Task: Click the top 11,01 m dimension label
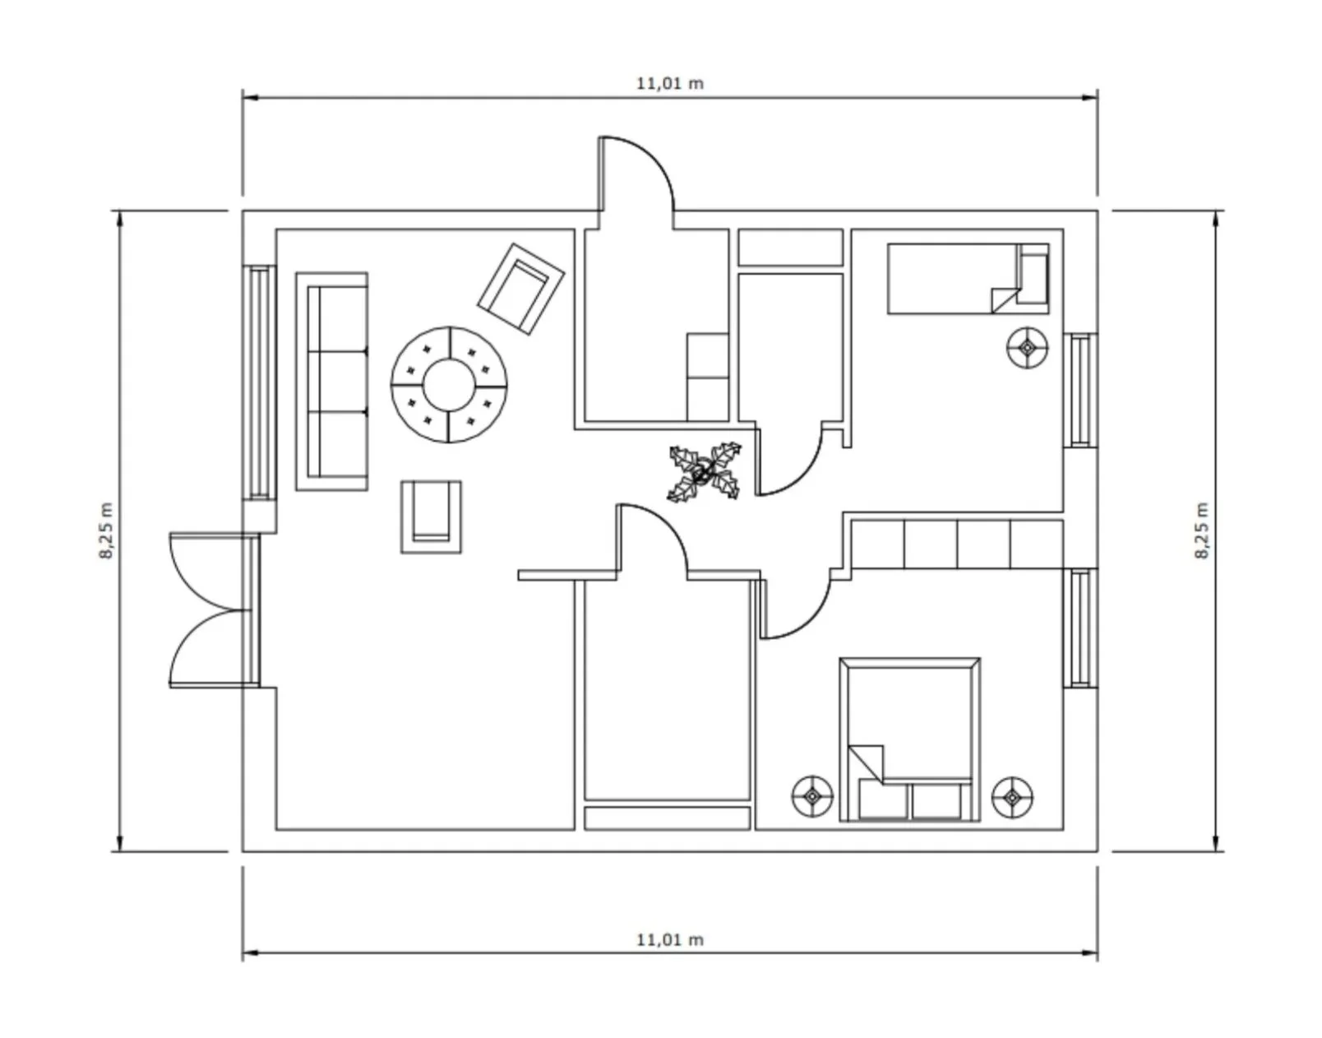[670, 83]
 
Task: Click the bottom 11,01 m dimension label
[670, 939]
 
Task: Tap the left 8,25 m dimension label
[107, 531]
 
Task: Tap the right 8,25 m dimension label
[1202, 531]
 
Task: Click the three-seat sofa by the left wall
[332, 382]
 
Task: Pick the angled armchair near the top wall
[521, 289]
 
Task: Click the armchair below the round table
[431, 517]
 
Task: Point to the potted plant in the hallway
[705, 472]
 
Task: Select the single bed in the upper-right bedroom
[967, 279]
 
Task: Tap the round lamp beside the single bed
[1028, 348]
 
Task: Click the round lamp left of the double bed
[812, 796]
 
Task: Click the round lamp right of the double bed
[1013, 796]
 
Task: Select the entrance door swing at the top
[638, 176]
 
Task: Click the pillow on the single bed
[1033, 275]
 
